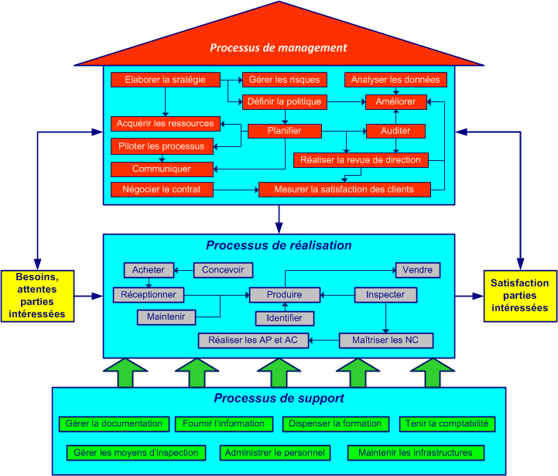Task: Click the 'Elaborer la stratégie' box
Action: tap(165, 80)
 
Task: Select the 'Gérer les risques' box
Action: tap(284, 80)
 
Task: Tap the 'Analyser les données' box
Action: tap(395, 80)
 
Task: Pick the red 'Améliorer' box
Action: tap(395, 101)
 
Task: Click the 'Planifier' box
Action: tap(284, 131)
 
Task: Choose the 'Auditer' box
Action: tap(395, 131)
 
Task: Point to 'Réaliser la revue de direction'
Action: tap(361, 160)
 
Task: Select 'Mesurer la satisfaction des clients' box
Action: tap(344, 189)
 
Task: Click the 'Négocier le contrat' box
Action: tap(162, 189)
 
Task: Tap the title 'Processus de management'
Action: tap(279, 48)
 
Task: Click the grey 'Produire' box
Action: tap(284, 295)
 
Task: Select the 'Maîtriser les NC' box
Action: tap(386, 340)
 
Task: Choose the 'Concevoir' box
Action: tap(223, 270)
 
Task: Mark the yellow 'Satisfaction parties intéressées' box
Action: tap(520, 296)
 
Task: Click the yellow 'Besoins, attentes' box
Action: tap(38, 296)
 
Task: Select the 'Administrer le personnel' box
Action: tap(276, 452)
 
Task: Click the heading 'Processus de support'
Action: tap(279, 399)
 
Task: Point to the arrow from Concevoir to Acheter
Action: tap(183, 270)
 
